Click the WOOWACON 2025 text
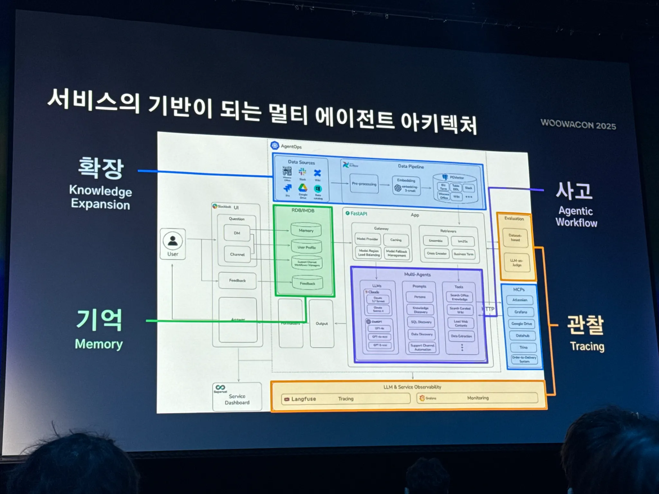click(578, 124)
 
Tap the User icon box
click(173, 244)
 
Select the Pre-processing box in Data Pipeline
click(364, 184)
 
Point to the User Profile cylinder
click(307, 247)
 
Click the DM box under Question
click(237, 233)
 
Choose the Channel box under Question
click(237, 254)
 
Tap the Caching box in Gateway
click(396, 240)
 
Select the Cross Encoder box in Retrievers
click(437, 253)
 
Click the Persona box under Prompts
click(420, 297)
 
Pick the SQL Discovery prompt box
click(421, 322)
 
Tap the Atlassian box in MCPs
click(520, 300)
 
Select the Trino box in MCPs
click(523, 347)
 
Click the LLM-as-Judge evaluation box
click(517, 263)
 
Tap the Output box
click(322, 324)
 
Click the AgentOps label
click(291, 147)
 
